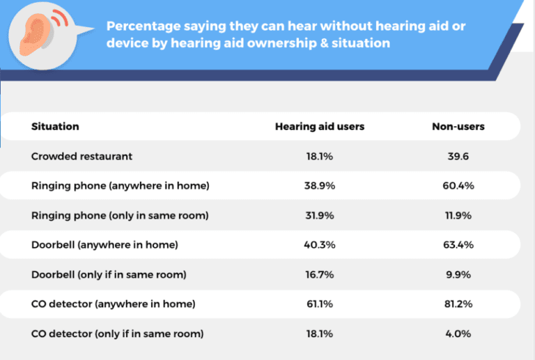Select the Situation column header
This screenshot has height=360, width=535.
55,127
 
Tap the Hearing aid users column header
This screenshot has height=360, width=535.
320,127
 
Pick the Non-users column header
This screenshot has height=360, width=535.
458,127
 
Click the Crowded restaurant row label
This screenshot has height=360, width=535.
82,156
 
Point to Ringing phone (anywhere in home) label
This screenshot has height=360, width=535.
121,186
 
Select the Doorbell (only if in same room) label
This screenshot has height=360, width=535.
109,274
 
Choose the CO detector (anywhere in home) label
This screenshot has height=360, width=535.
113,304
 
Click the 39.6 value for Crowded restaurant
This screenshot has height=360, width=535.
458,156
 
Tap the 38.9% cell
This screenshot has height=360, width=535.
320,186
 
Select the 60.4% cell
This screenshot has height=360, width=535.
458,186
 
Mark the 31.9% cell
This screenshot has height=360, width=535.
320,215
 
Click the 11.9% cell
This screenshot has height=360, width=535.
458,215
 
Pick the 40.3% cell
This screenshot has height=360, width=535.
320,245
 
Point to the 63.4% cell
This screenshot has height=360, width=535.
458,245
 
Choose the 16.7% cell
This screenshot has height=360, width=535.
320,274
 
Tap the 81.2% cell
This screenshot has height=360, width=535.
458,304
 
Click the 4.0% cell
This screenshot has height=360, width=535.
458,334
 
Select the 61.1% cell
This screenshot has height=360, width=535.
320,304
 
